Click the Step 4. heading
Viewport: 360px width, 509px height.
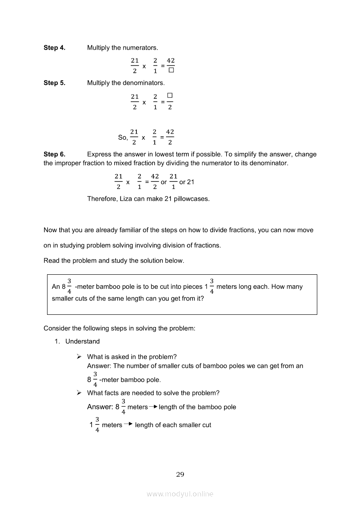(x=54, y=47)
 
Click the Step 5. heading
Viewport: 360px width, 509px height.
(x=54, y=83)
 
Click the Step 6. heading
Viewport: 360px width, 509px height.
(x=54, y=154)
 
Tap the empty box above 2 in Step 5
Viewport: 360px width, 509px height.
(x=170, y=95)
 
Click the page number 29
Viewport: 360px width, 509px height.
(x=180, y=474)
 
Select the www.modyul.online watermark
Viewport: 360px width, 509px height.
(x=180, y=494)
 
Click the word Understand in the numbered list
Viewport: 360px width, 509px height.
(x=82, y=341)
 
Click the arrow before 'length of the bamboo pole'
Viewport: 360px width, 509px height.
(x=153, y=407)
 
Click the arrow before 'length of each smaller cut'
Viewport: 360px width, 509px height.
(x=128, y=424)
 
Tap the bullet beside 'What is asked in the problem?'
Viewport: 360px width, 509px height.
(x=79, y=356)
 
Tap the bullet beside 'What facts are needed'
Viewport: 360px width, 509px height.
(x=79, y=393)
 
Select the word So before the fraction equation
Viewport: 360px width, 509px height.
(x=122, y=137)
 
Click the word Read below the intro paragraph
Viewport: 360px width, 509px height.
(x=51, y=261)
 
